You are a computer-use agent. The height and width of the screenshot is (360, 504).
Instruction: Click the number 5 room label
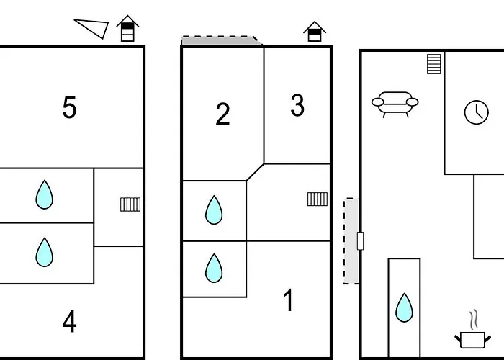pos(69,107)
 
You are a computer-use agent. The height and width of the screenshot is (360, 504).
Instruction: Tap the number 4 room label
pos(69,322)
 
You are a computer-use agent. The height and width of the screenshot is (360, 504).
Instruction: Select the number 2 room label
pos(222,114)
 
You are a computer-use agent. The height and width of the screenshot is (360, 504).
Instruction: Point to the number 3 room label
pos(297,106)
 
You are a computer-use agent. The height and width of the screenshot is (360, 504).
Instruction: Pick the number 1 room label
pos(289,300)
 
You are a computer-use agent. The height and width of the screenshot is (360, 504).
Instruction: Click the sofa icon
pos(395,104)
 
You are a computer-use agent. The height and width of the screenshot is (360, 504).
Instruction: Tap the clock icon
pos(476,112)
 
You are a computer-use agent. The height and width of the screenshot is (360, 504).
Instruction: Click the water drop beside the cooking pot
pos(404,307)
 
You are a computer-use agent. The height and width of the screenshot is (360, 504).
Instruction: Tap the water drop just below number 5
pos(45,194)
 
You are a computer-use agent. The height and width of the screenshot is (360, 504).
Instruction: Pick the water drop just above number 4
pos(45,252)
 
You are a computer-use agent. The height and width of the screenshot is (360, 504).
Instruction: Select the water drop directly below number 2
pos(214,210)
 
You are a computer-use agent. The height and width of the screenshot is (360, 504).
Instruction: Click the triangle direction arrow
pos(94,27)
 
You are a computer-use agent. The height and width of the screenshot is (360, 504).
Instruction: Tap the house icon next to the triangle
pos(127,29)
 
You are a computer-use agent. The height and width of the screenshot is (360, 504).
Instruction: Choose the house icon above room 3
pos(315,31)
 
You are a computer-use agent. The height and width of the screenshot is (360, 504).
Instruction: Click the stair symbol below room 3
pos(318,199)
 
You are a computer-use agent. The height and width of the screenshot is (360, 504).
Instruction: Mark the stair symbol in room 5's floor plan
pos(130,204)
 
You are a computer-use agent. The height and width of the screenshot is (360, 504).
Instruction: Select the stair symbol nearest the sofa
pos(433,63)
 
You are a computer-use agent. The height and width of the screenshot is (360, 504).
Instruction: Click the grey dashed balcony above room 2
pos(221,41)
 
